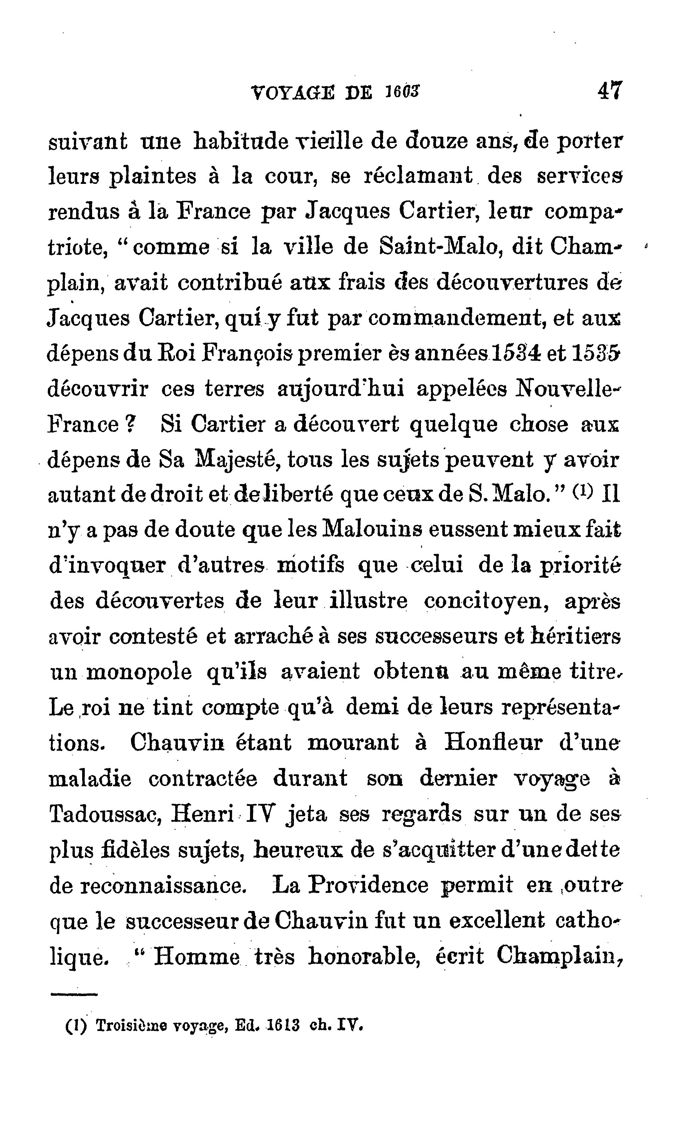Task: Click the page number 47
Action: (x=610, y=91)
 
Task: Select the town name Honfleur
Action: (x=493, y=742)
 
